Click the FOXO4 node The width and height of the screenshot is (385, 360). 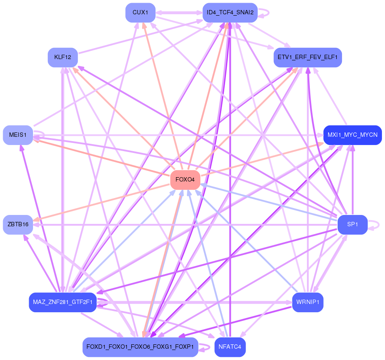(185, 180)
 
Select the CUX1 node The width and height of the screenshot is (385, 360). (140, 13)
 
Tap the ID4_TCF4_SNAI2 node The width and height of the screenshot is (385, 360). (230, 13)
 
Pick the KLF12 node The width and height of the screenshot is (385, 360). (63, 57)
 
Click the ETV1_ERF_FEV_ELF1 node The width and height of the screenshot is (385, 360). (308, 57)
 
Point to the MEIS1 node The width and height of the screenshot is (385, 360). (18, 135)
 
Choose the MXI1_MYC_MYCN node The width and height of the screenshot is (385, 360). (352, 135)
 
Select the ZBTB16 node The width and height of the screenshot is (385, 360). (18, 225)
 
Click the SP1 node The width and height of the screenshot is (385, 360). (352, 225)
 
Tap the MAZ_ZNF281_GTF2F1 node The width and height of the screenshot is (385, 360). (63, 302)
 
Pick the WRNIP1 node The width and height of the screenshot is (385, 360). (308, 302)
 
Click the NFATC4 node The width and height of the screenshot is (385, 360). (230, 347)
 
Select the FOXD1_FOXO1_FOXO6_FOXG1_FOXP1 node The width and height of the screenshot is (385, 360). (140, 347)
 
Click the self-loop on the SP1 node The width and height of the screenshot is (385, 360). (374, 225)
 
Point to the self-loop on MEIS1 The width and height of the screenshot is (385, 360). (39, 133)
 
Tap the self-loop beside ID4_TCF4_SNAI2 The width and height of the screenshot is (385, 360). (264, 13)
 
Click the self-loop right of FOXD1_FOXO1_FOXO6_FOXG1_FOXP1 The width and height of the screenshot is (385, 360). (204, 347)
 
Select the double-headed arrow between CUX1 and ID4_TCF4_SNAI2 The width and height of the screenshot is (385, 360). (179, 13)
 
